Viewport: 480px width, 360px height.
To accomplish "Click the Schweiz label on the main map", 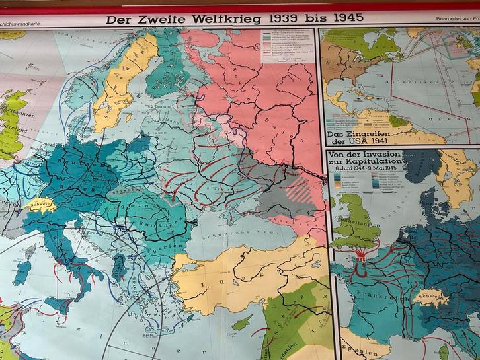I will pyautogui.click(x=38, y=204).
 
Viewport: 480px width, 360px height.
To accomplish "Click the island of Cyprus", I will pyautogui.click(x=242, y=322).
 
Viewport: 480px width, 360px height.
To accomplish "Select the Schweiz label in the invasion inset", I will pyautogui.click(x=430, y=297).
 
